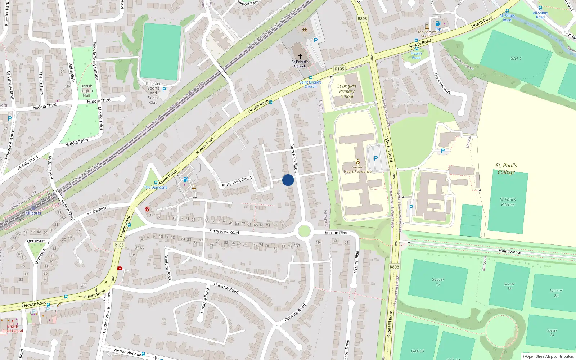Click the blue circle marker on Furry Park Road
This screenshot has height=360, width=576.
(x=288, y=180)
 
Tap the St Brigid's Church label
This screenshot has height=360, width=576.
(x=300, y=64)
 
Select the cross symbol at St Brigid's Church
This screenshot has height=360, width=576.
(x=300, y=56)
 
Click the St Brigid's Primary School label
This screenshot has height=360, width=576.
(x=347, y=91)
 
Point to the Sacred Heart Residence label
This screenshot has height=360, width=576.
(x=357, y=170)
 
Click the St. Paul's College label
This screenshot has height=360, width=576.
(x=506, y=169)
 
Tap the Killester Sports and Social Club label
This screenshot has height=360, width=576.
(x=153, y=93)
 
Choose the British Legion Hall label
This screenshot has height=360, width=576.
(x=86, y=91)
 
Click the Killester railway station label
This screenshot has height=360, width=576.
(x=33, y=213)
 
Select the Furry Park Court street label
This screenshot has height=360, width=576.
(x=237, y=182)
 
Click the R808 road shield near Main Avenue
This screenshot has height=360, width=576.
(x=394, y=267)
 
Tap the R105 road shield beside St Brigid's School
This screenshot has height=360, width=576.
(x=339, y=69)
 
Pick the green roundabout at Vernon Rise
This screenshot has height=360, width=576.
(x=304, y=231)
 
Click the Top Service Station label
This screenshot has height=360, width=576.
(x=427, y=34)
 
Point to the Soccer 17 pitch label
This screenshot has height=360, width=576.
(x=438, y=282)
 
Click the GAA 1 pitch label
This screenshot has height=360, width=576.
(x=516, y=58)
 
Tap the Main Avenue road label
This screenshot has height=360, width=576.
(x=510, y=252)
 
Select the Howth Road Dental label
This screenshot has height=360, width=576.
(x=13, y=329)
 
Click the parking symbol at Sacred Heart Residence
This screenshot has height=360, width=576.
(x=376, y=158)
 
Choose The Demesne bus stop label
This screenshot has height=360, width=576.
(x=156, y=188)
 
